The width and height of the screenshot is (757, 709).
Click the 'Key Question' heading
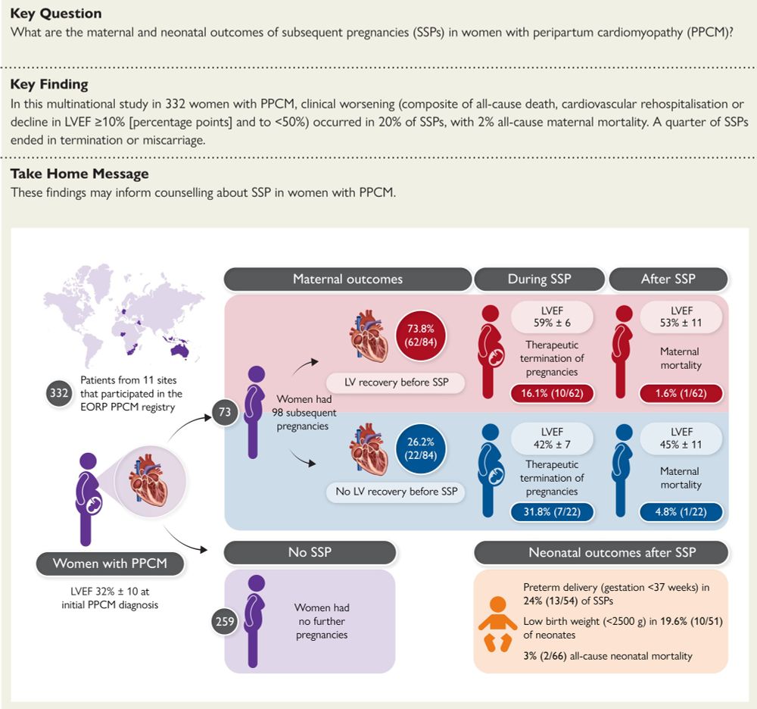pyautogui.click(x=56, y=14)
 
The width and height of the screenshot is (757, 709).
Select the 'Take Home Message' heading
pyautogui.click(x=79, y=173)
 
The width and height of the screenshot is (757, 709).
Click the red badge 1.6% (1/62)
pyautogui.click(x=681, y=394)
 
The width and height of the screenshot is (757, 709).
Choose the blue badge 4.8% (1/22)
pyautogui.click(x=681, y=511)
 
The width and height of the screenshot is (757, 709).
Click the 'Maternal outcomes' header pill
pyautogui.click(x=347, y=279)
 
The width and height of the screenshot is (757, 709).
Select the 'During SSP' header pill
pyautogui.click(x=539, y=279)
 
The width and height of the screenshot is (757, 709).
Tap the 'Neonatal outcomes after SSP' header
pyautogui.click(x=601, y=552)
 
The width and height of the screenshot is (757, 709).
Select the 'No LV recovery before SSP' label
pyautogui.click(x=397, y=492)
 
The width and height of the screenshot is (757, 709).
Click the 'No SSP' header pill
pyautogui.click(x=309, y=552)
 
